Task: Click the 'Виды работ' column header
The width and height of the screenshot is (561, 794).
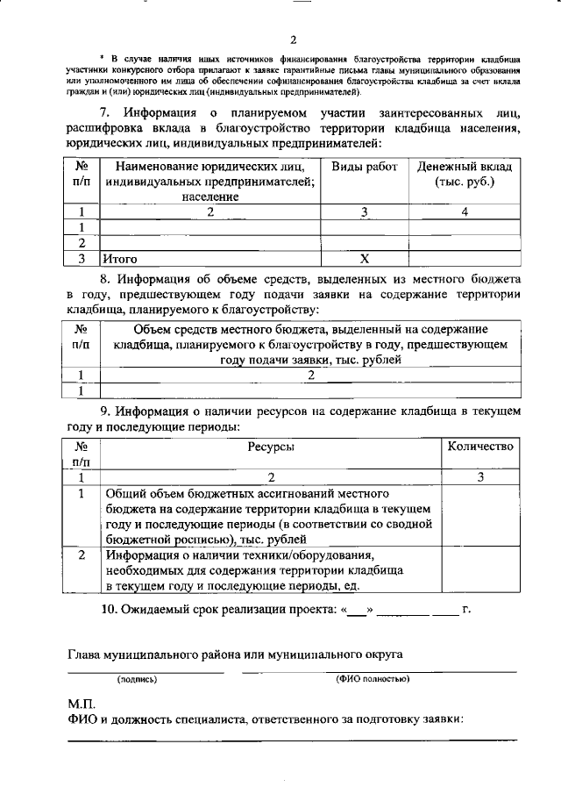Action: point(365,166)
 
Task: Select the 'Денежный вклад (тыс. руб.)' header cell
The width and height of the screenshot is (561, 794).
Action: point(465,174)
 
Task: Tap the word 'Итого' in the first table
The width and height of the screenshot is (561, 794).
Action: point(121,259)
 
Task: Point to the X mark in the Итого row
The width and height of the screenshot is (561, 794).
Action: point(365,259)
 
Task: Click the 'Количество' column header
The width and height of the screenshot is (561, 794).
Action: point(479,447)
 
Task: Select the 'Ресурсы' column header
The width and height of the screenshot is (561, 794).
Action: point(271,447)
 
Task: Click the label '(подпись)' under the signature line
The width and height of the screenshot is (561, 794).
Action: point(137,679)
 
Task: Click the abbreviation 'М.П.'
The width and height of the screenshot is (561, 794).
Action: point(82,704)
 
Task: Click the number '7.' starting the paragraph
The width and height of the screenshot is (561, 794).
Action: point(104,113)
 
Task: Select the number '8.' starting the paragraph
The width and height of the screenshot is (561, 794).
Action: point(104,278)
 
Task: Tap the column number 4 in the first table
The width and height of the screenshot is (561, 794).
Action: point(465,211)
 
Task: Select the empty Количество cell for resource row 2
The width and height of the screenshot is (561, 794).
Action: point(479,571)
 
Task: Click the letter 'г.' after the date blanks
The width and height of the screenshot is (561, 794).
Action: point(466,610)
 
